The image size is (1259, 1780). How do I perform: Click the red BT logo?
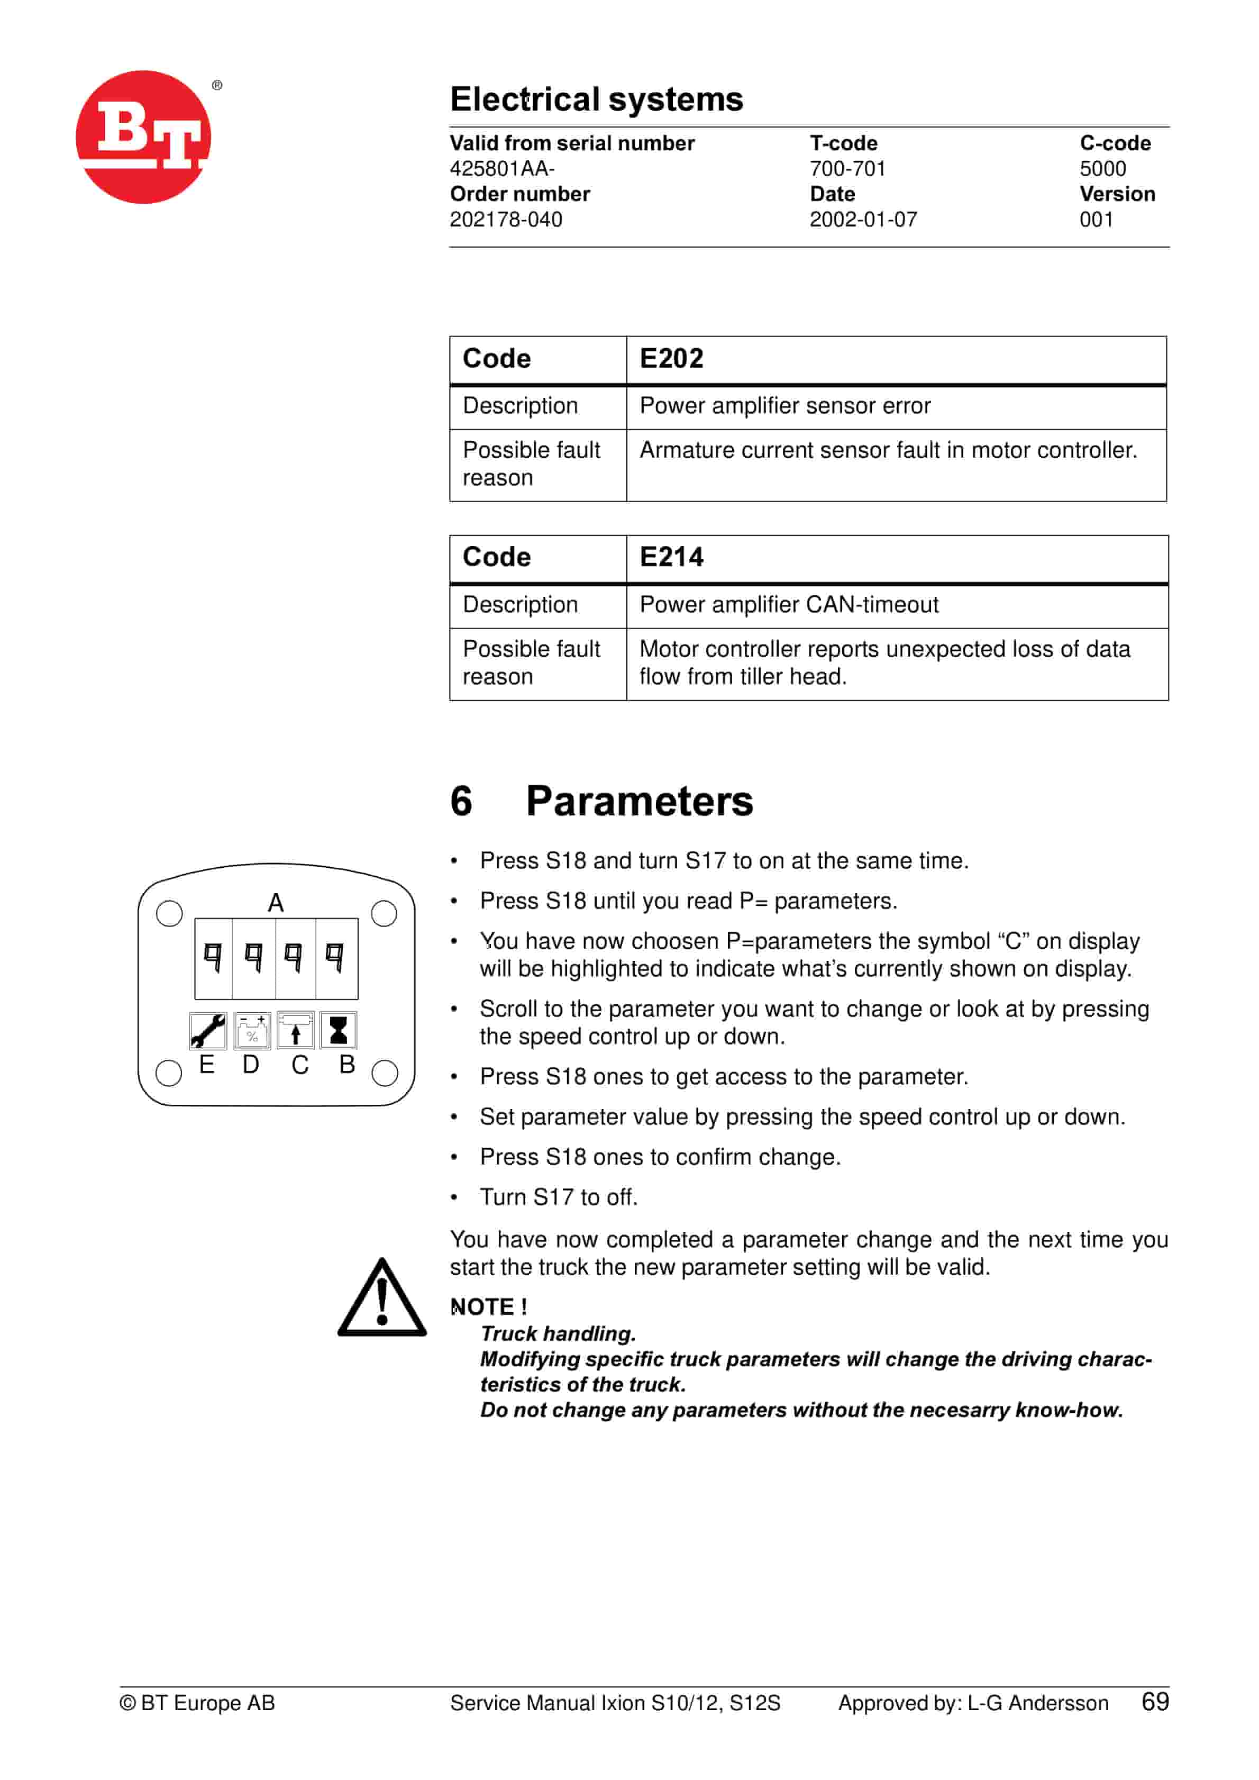pos(143,137)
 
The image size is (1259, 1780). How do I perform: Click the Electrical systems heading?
pos(596,99)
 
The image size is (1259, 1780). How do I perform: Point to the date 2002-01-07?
pos(863,220)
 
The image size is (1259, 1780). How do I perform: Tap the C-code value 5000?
pos(1102,169)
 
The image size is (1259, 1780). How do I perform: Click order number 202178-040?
pos(506,220)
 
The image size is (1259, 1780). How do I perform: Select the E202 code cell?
pos(671,359)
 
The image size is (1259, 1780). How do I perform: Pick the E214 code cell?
pos(671,557)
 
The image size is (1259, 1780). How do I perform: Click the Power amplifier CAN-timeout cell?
pos(788,605)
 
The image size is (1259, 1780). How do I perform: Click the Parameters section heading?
pos(639,801)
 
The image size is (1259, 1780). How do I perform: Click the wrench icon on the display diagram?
pos(208,1030)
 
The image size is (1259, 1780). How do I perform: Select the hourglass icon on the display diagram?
pos(338,1030)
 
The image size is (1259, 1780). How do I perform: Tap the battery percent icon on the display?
pos(252,1030)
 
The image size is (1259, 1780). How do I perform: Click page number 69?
pos(1154,1702)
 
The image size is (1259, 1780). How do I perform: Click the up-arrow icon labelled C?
pos(295,1030)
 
